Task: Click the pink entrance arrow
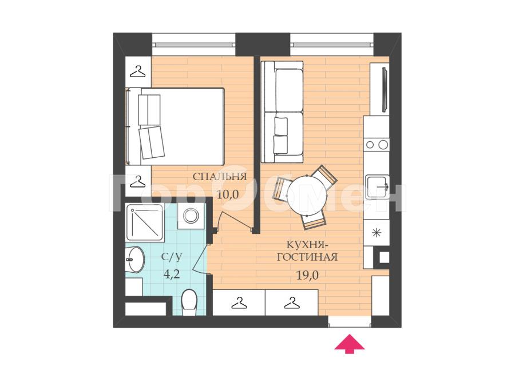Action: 350,344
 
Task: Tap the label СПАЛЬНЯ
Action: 219,177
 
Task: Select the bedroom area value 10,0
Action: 227,194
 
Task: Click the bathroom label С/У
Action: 171,257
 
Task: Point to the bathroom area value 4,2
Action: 172,274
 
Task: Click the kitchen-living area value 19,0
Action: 307,276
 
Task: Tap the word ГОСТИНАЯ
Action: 307,257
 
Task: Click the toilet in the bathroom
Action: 189,299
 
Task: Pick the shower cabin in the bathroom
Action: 145,222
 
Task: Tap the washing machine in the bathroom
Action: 191,216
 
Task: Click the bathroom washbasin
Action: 134,260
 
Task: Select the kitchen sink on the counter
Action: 378,187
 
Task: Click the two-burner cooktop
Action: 377,145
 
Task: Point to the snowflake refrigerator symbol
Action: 377,233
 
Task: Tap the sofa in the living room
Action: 282,112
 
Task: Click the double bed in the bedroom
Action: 175,126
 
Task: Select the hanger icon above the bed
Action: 137,71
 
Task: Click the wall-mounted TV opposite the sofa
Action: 385,89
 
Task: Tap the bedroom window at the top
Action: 194,44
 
